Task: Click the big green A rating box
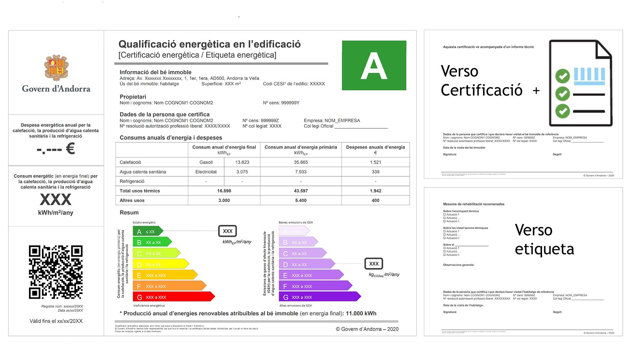point(374,65)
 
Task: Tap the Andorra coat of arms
point(56,67)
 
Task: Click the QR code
point(56,272)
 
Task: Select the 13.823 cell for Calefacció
point(242,162)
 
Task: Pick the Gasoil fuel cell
point(206,162)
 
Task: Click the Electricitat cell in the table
point(206,172)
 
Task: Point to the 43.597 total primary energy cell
point(301,191)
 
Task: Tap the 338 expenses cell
point(375,172)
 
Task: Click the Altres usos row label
point(132,200)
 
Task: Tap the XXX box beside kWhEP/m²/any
point(227,231)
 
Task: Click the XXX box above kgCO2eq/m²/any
point(374,264)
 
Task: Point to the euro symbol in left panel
point(70,149)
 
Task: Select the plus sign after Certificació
point(536,91)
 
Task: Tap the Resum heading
point(129,213)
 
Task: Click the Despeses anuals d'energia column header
point(375,149)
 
